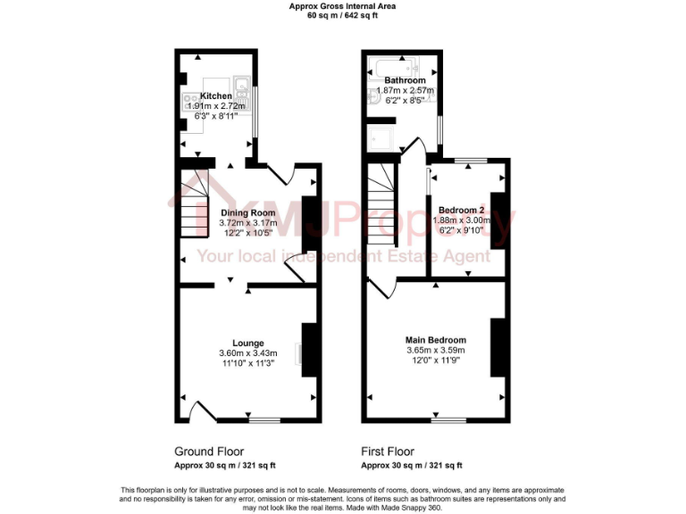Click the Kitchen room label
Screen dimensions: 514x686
pos(216,95)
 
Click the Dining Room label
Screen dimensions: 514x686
pos(248,212)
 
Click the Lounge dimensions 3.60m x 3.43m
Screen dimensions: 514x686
pos(248,353)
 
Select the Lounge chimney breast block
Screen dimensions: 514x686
pos(310,351)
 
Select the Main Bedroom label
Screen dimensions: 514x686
pos(436,340)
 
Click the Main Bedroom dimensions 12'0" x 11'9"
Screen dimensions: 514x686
pos(436,361)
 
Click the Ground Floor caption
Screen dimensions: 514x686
pos(208,452)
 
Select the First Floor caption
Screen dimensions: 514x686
pos(387,452)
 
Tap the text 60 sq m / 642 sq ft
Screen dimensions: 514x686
pos(343,15)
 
